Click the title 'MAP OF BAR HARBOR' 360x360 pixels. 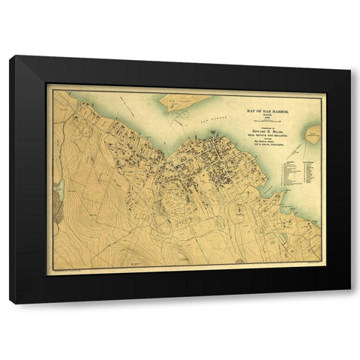coord(271,110)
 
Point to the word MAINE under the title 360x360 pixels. coord(271,115)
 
